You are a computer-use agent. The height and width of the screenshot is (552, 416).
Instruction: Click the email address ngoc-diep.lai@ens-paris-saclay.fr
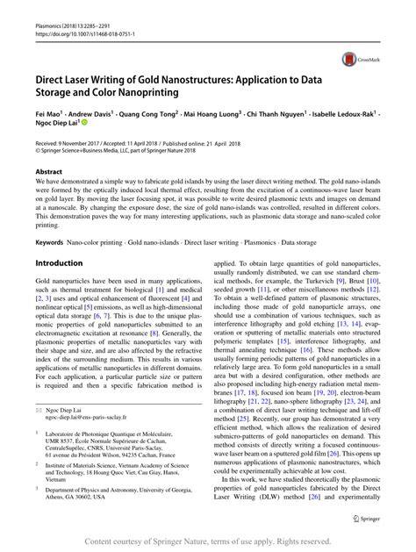click(x=90, y=419)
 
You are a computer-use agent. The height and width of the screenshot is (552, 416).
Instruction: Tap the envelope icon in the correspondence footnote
click(x=39, y=411)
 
